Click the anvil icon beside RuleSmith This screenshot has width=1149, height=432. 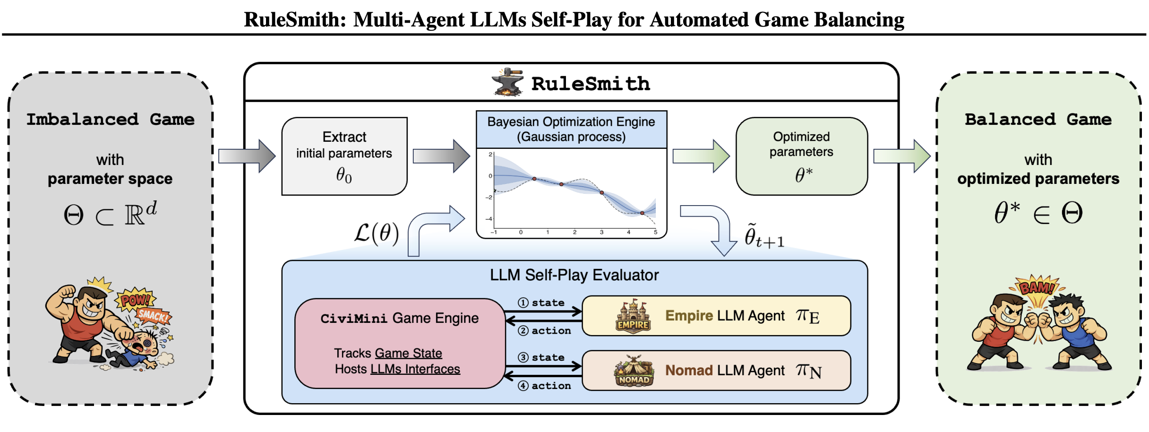pos(507,82)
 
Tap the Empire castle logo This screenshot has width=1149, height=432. pos(633,316)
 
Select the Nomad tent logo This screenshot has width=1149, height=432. pos(634,371)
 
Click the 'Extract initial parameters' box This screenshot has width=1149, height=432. pos(344,156)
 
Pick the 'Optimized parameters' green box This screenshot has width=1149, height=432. pos(802,156)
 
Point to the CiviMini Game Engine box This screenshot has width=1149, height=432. pos(400,343)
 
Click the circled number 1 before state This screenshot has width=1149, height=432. pos(523,303)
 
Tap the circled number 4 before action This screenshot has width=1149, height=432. pos(523,386)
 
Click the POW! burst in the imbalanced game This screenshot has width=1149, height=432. pos(135,299)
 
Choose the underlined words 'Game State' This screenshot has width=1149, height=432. pos(409,353)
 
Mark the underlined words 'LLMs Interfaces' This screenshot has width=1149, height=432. pos(415,369)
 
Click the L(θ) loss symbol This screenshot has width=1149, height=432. pos(377,233)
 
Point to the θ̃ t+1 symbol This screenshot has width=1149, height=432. pos(764,236)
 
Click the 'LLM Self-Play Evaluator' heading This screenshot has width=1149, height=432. pos(574,275)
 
